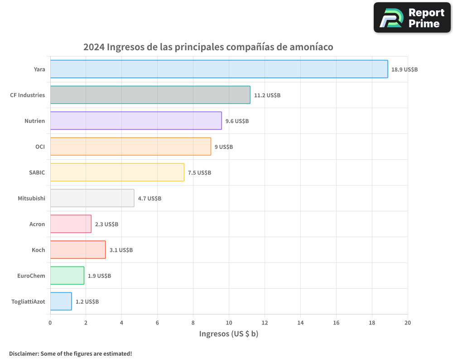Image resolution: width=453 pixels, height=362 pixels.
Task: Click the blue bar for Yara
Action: coord(219,69)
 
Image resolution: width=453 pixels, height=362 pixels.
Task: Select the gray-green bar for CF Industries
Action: coord(150,95)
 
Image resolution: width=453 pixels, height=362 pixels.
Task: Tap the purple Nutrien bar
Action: coord(136,121)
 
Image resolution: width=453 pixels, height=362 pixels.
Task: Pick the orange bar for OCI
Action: coord(130,147)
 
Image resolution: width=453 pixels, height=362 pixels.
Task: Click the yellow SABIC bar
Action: coord(117,172)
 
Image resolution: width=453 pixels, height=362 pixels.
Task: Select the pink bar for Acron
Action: coord(71,224)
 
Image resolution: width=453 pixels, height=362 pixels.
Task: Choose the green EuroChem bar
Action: coord(67,276)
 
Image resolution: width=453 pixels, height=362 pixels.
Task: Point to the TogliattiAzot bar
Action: coord(61,301)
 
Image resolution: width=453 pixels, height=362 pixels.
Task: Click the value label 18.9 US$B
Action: coord(405,70)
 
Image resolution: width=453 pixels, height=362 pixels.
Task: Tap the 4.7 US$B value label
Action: coord(149,199)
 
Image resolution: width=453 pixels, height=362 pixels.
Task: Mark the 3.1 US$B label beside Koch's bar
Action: coord(121,250)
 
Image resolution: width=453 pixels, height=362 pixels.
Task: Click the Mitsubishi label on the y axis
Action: coord(31,198)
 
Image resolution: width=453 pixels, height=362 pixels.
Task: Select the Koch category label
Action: coord(38,250)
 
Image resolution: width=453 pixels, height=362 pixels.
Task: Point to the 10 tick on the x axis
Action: coord(229,323)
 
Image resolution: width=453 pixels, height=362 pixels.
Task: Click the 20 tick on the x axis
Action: coord(407,323)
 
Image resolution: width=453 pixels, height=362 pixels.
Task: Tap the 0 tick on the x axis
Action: coord(50,323)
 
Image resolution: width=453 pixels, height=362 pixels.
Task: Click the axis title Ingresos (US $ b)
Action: coord(229,334)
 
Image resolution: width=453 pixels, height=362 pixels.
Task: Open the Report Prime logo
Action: coord(412,18)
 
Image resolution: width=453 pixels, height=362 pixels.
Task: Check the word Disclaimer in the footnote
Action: coord(24,353)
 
